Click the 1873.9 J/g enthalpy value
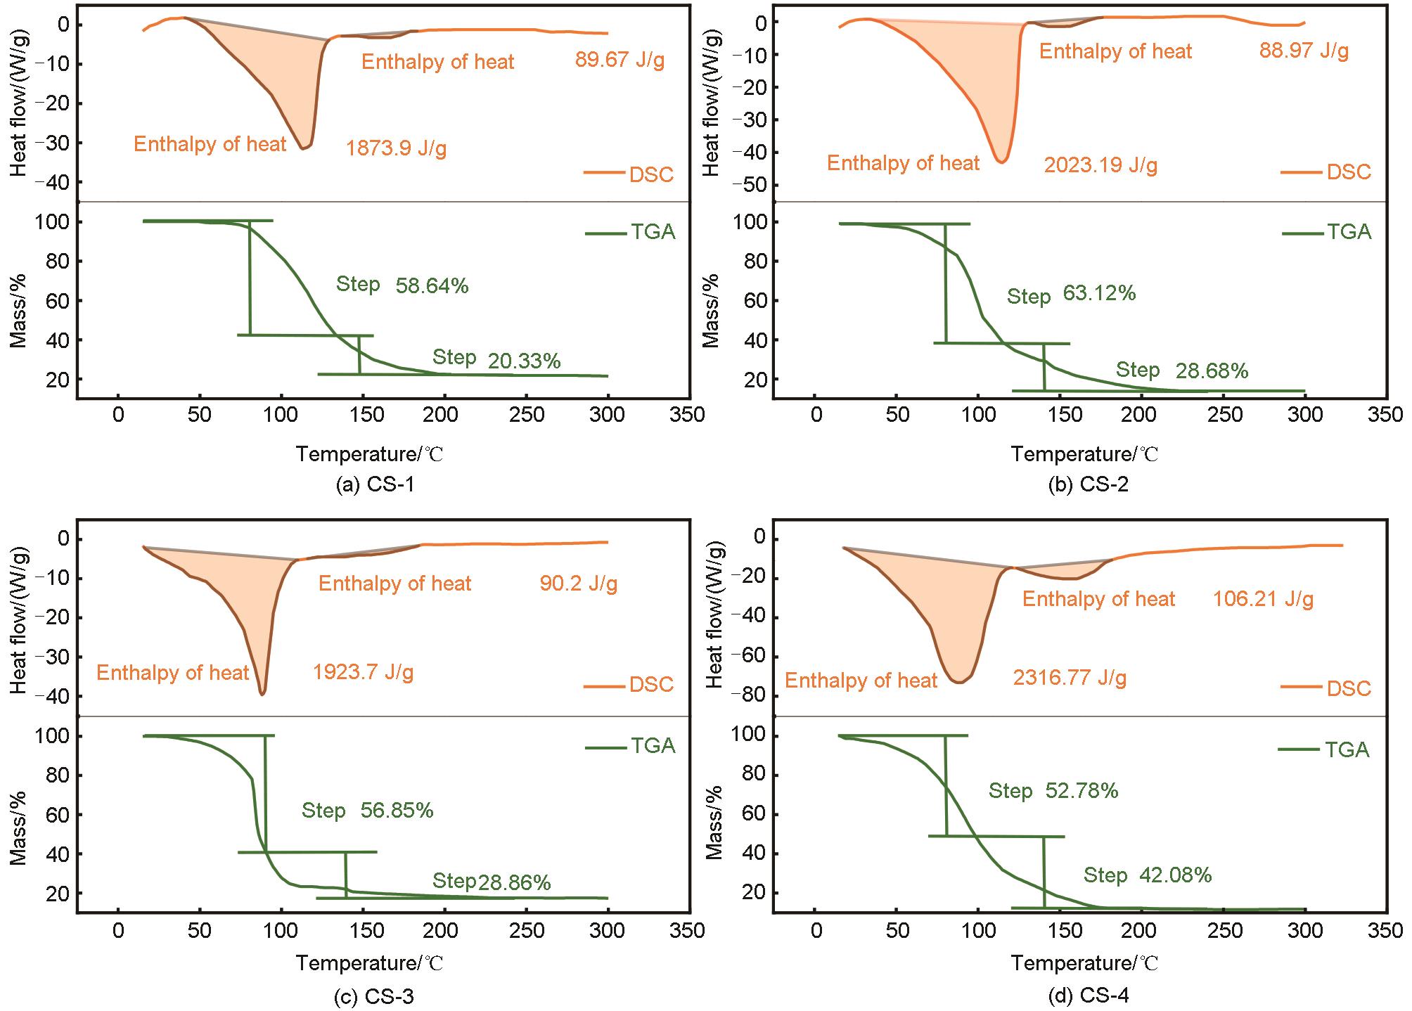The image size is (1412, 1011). pyautogui.click(x=396, y=149)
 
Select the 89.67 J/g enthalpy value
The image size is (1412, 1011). pyautogui.click(x=620, y=60)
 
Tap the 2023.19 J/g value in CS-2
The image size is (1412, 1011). pyautogui.click(x=1100, y=166)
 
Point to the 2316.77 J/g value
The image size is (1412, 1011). pyautogui.click(x=1070, y=678)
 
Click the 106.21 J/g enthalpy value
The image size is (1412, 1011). pyautogui.click(x=1263, y=599)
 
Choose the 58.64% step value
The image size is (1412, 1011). pyautogui.click(x=432, y=286)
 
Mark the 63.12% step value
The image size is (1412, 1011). pyautogui.click(x=1099, y=293)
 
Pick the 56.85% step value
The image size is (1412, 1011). pyautogui.click(x=397, y=811)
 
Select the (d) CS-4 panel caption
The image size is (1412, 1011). pyautogui.click(x=1089, y=996)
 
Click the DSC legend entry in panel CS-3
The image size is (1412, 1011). pyautogui.click(x=650, y=685)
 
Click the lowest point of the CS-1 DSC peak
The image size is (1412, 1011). pyautogui.click(x=302, y=148)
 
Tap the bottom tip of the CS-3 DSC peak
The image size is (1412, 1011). pyautogui.click(x=262, y=694)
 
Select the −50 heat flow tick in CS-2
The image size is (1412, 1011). pyautogui.click(x=747, y=185)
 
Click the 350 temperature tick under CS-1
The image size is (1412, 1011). pyautogui.click(x=688, y=415)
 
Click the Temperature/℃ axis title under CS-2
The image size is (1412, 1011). pyautogui.click(x=1084, y=454)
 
